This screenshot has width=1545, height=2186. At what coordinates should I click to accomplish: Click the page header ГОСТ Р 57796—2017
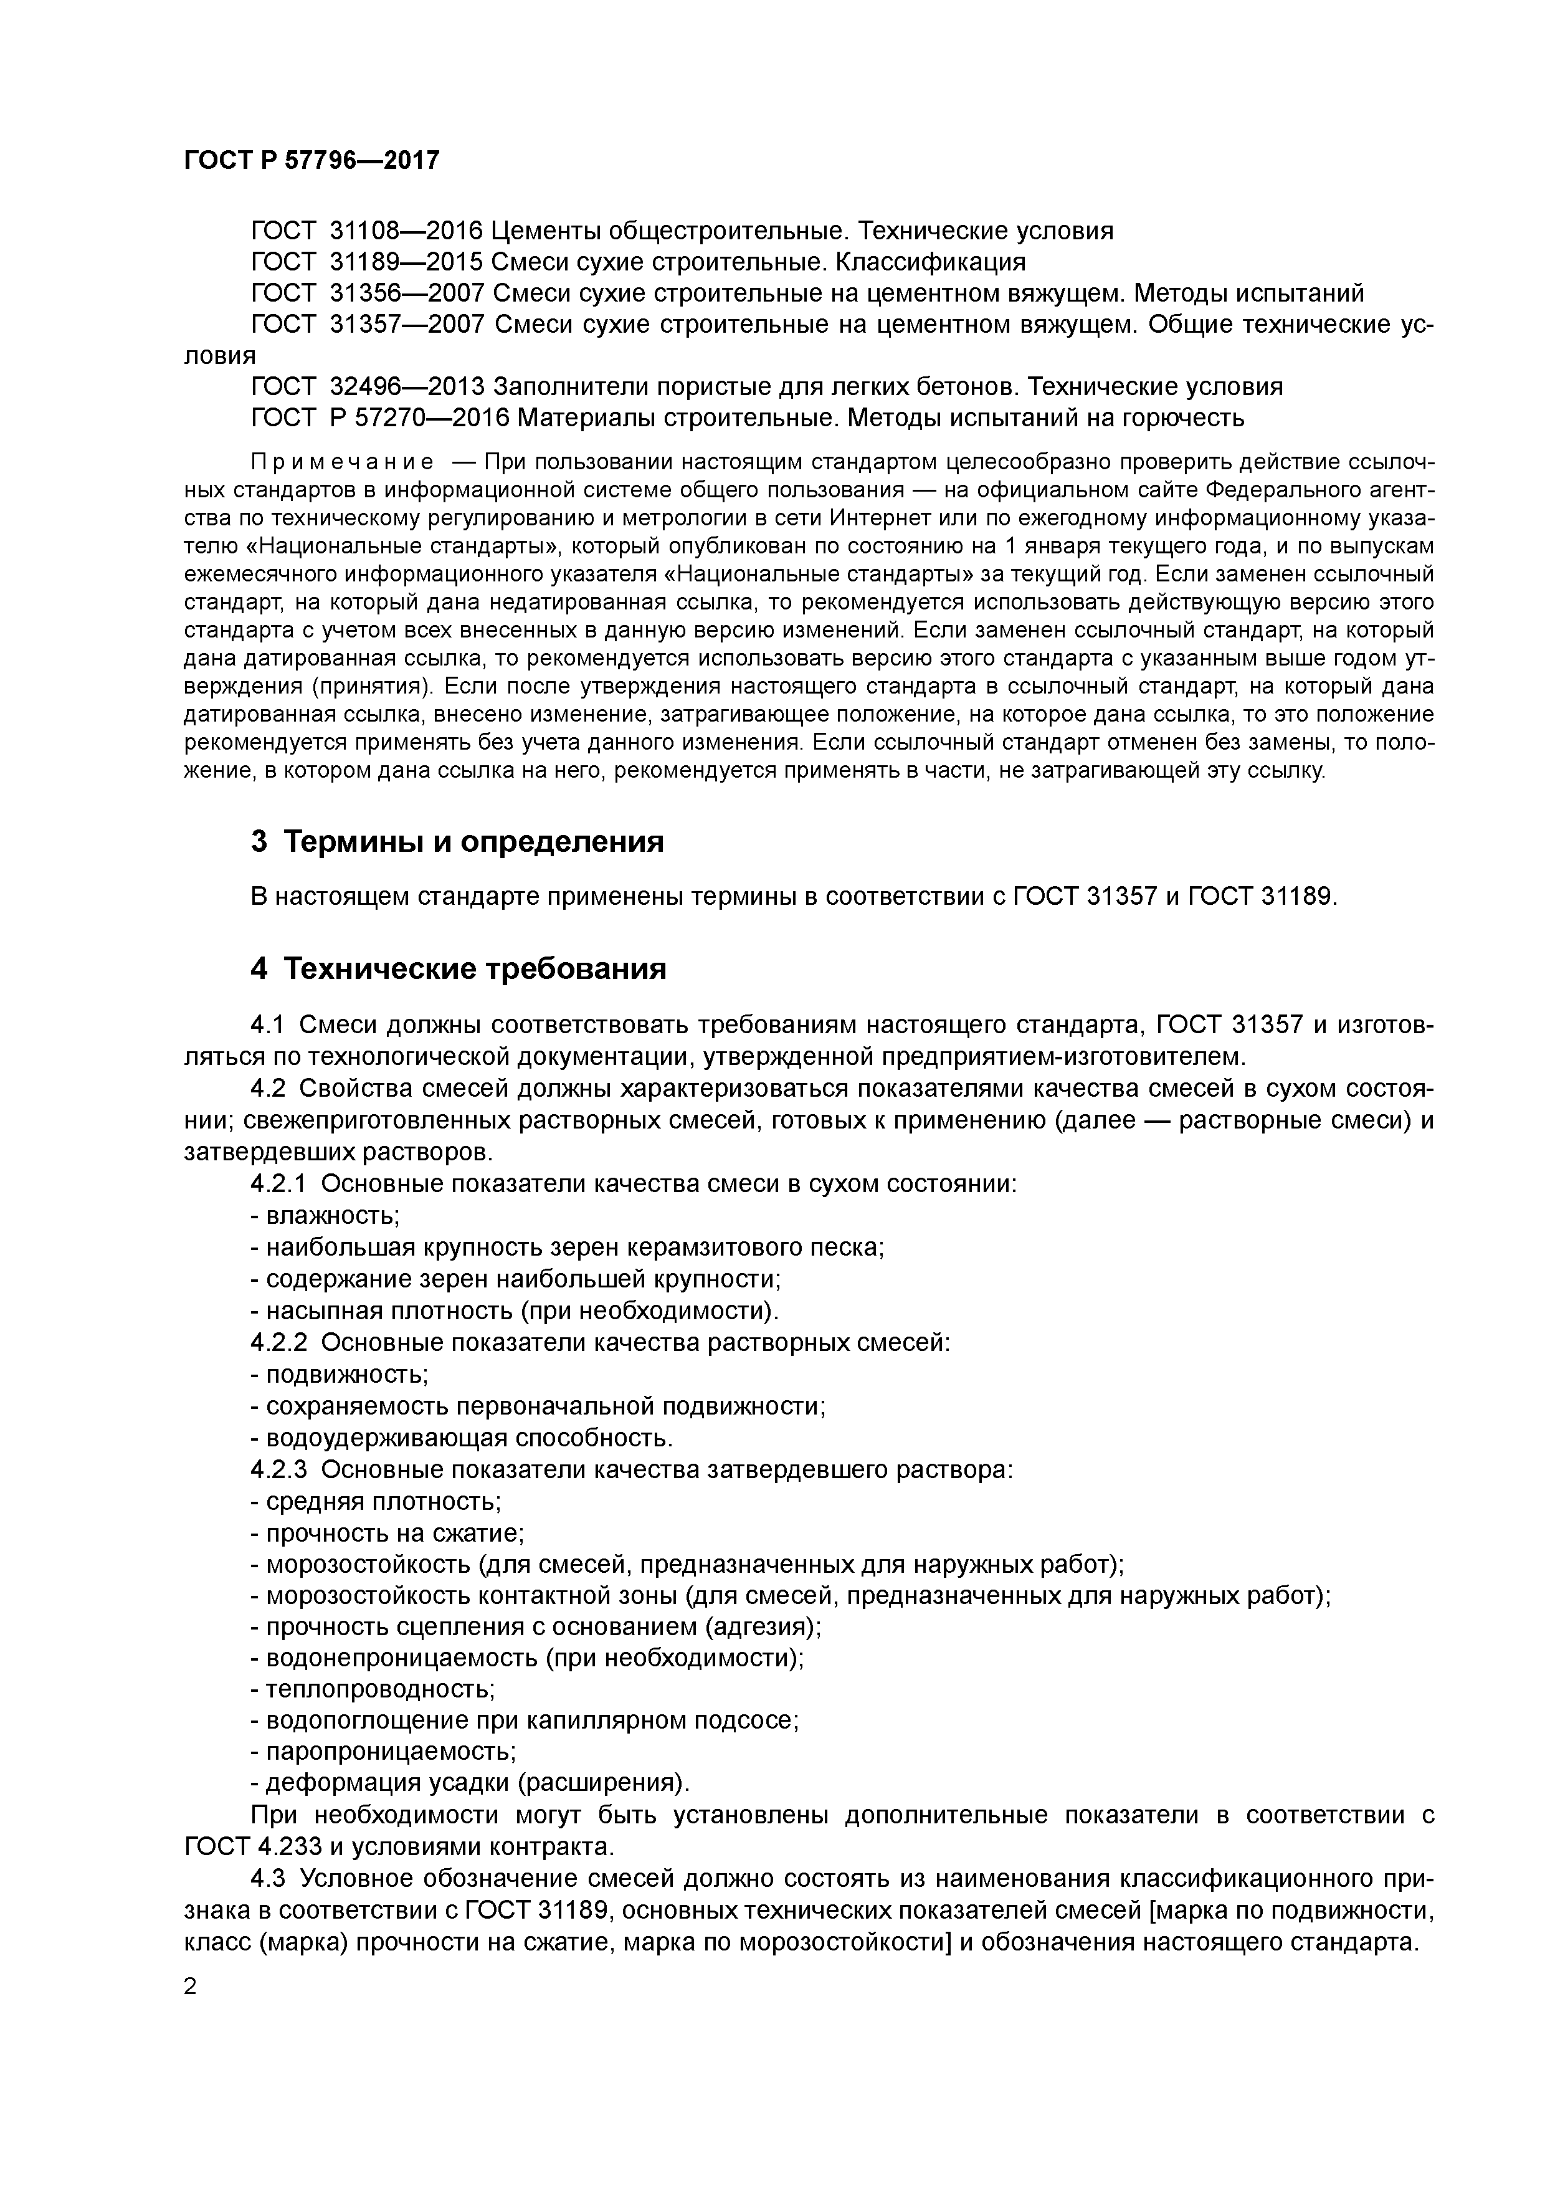pos(311,160)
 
